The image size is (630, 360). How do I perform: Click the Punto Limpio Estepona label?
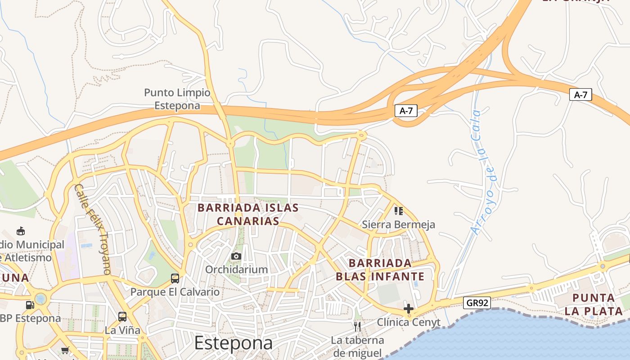[177, 99]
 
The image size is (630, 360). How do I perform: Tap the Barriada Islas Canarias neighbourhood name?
[248, 214]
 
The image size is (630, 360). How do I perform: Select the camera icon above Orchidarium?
[236, 256]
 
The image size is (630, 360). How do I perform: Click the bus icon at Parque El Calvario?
[175, 279]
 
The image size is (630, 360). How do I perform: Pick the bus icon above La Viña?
[122, 316]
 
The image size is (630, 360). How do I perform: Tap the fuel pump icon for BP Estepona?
[30, 305]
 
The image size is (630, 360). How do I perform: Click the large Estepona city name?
[234, 343]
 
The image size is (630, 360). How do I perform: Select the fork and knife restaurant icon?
[357, 326]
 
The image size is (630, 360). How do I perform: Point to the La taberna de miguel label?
[357, 346]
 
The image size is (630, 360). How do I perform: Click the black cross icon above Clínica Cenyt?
[409, 309]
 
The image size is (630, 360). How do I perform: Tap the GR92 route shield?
[477, 303]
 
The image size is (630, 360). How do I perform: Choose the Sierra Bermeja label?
[399, 224]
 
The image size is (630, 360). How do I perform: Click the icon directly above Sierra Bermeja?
[399, 211]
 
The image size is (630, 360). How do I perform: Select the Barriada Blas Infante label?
[380, 270]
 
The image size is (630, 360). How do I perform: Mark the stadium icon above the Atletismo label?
[20, 231]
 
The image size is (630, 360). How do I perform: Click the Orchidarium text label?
[236, 270]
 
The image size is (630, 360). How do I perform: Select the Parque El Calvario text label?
[175, 292]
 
